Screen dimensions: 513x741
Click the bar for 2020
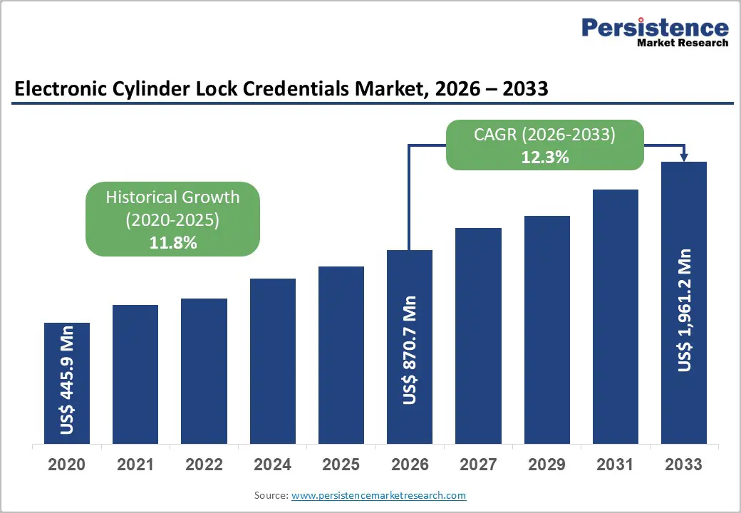click(67, 383)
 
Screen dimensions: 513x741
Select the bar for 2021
click(135, 374)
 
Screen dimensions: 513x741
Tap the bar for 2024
click(272, 361)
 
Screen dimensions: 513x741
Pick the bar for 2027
click(478, 336)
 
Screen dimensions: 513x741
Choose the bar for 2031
click(616, 316)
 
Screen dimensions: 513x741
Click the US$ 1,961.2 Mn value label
click(684, 310)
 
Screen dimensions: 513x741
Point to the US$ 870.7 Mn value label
click(410, 350)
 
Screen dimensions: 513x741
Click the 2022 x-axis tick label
click(204, 465)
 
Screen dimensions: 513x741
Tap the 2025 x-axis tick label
click(341, 465)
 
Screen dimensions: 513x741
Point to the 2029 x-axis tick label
click(546, 465)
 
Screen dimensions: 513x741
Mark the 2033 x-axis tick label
click(684, 465)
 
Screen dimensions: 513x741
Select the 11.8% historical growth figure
click(172, 243)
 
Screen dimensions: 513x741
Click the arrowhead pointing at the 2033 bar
click(684, 157)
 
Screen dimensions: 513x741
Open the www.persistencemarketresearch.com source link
click(379, 495)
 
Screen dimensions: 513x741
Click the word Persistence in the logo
click(655, 28)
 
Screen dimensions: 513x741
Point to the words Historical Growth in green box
click(172, 197)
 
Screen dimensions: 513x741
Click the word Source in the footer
click(271, 495)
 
